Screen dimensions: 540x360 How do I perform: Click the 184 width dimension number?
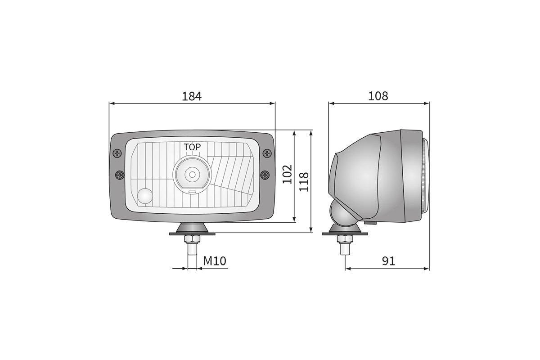coord(192,96)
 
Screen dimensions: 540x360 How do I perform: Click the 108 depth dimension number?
coord(378,96)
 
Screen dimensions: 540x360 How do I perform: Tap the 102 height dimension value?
coord(287,174)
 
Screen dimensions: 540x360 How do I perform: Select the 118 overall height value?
coord(304,182)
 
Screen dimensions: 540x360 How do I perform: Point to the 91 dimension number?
coord(389,261)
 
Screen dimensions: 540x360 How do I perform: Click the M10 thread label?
coord(215,261)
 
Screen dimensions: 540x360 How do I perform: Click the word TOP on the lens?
coord(192,147)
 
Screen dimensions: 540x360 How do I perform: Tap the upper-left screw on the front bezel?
coord(117,153)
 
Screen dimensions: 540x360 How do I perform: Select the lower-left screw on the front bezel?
coord(120,175)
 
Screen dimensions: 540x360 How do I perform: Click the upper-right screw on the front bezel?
coord(267,153)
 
